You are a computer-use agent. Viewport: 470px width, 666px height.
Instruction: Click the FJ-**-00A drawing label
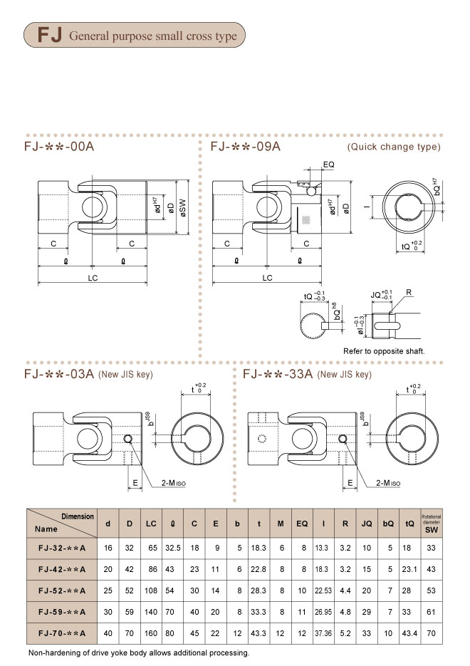coord(58,147)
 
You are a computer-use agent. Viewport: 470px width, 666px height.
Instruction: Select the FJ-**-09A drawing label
coord(246,147)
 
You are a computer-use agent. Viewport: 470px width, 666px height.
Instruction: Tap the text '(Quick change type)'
coord(394,147)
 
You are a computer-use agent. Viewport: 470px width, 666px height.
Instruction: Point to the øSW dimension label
coord(184,208)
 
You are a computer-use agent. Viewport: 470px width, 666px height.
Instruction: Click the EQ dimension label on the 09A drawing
coord(328,165)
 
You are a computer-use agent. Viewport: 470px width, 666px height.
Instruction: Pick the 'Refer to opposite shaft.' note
coord(384,351)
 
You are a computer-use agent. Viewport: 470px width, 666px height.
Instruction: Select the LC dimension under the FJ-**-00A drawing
coord(93,278)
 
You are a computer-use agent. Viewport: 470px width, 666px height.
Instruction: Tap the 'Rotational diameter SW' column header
coord(432,523)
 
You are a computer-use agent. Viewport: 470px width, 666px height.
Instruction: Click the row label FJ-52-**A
coord(61,590)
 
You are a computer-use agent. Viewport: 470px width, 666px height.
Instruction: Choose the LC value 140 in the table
coord(151,612)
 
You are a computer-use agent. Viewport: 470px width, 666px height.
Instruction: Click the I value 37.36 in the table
coord(323,633)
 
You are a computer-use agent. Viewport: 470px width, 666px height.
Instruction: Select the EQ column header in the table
coord(302,524)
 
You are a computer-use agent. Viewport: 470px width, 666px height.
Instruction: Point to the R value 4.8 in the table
coord(345,612)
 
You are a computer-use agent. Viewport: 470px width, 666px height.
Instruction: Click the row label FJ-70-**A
coord(61,633)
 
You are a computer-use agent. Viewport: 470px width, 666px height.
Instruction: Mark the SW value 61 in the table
coord(432,612)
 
